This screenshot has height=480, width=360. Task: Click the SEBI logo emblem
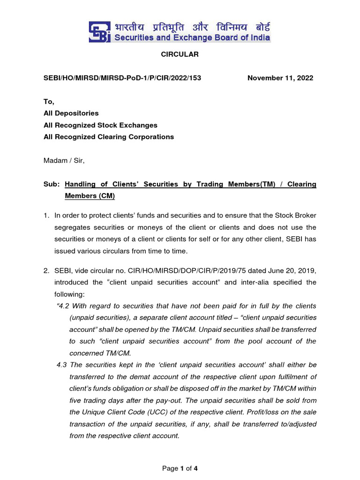[99, 32]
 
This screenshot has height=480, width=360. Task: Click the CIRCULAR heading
[180, 54]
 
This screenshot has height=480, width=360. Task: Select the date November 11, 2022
[280, 78]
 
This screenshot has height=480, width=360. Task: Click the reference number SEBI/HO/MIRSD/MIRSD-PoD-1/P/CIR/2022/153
[122, 78]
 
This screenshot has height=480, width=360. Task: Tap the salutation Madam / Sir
[64, 160]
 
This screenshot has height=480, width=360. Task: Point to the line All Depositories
[71, 113]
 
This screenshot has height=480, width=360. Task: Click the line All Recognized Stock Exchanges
[100, 125]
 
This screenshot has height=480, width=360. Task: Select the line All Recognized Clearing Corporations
[109, 137]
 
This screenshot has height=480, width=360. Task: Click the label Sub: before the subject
[51, 184]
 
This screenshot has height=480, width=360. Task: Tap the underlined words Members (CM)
[90, 196]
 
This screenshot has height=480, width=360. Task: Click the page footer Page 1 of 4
[180, 468]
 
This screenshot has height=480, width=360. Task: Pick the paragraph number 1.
[46, 216]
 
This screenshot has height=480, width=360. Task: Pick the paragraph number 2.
[46, 270]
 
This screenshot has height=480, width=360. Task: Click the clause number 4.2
[63, 306]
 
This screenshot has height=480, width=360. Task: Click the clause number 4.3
[63, 365]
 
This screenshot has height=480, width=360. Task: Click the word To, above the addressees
[49, 101]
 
